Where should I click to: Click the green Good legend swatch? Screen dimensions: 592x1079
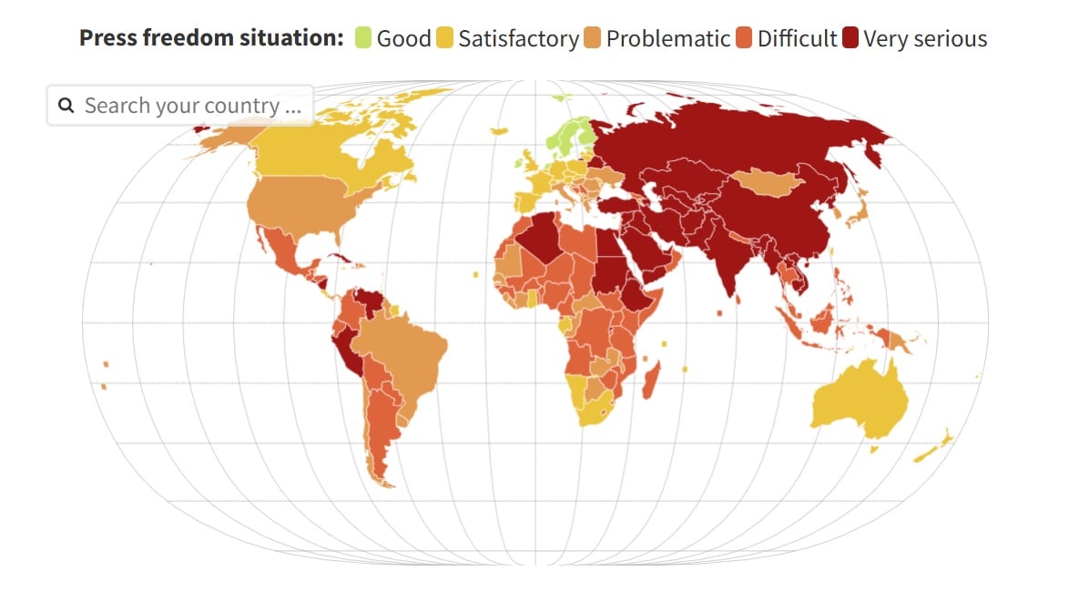363,39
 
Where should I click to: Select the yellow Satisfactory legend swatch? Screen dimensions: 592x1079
445,39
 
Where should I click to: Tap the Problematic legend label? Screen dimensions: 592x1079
667,39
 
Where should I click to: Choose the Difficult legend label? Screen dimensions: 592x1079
797,39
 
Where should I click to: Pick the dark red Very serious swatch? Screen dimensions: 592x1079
850,39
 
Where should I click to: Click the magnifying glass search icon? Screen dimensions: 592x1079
66,106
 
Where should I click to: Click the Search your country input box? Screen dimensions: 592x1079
191,106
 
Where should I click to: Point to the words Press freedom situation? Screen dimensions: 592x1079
211,38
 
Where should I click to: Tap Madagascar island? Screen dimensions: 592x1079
650,379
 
